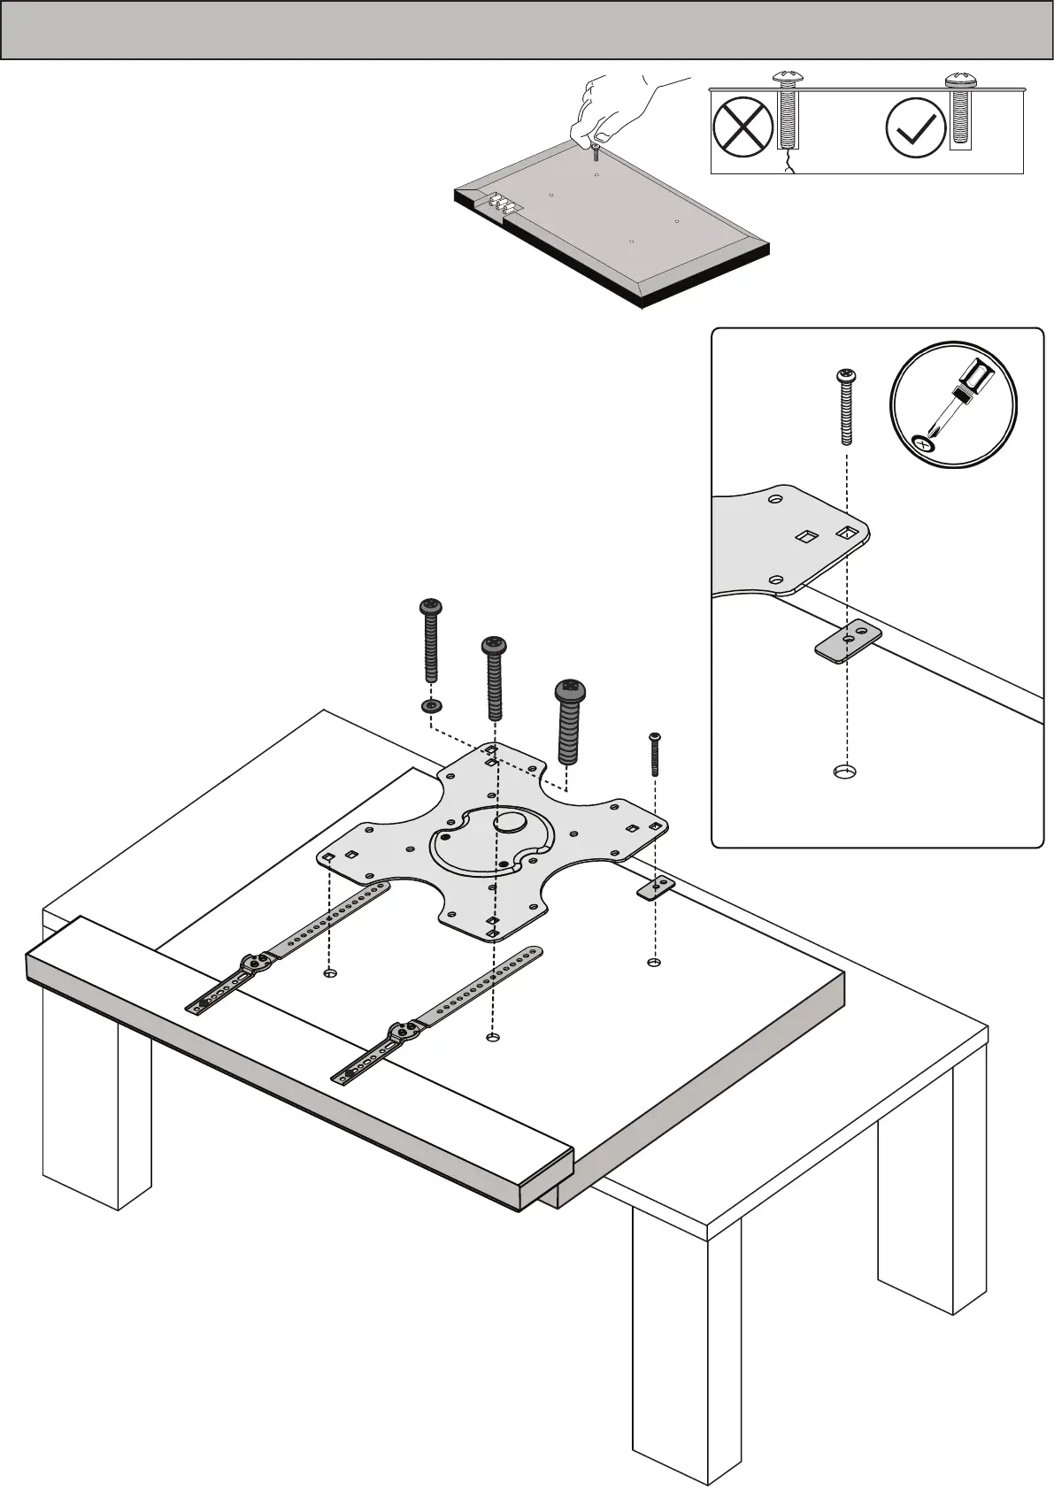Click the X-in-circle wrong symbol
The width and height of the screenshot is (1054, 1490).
click(x=742, y=127)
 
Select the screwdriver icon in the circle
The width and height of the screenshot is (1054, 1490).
click(x=953, y=403)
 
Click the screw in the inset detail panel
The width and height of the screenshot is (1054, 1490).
click(x=846, y=407)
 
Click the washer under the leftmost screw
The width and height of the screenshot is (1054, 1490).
click(x=432, y=706)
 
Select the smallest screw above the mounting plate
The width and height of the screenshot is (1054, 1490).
click(x=655, y=754)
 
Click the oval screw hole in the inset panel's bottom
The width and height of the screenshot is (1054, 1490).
click(x=845, y=772)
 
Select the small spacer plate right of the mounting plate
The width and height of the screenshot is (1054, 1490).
click(x=656, y=887)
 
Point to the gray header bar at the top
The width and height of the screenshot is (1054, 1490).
click(x=527, y=30)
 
